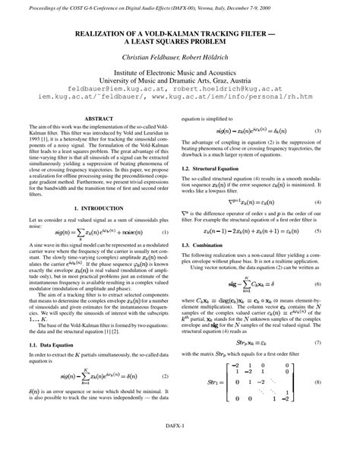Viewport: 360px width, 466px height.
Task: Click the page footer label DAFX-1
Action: pyautogui.click(x=179, y=449)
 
